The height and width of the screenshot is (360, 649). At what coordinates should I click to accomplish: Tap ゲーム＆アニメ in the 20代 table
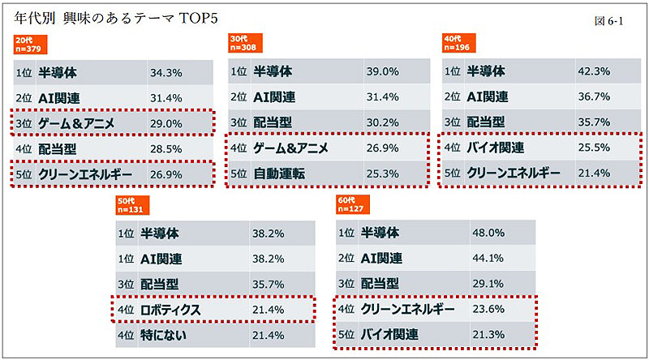click(77, 122)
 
